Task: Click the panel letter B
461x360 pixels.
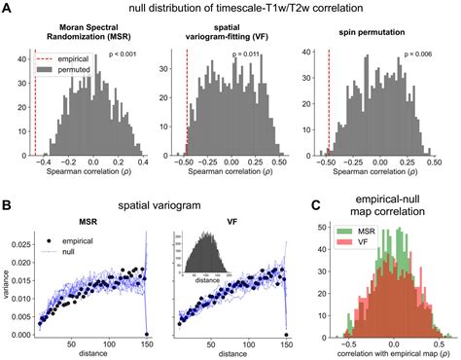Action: pos(8,206)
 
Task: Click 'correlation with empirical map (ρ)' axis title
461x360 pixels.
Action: pos(381,353)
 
